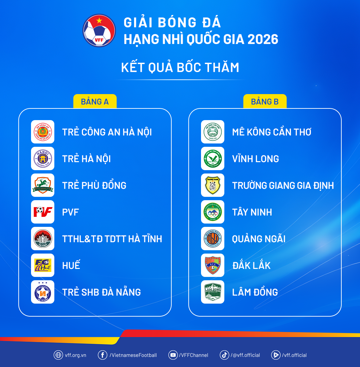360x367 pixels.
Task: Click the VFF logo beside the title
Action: click(x=99, y=30)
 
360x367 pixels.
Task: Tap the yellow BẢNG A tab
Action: click(x=95, y=101)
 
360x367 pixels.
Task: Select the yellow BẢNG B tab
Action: click(x=265, y=101)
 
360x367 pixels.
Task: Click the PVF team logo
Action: click(x=43, y=212)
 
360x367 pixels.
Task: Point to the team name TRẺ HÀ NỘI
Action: click(x=86, y=159)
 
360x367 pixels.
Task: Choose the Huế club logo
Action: click(x=43, y=265)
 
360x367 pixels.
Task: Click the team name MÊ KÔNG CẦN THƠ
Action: click(x=272, y=132)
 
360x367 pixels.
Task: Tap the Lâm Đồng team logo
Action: click(x=213, y=292)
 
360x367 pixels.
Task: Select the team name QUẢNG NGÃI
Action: click(x=259, y=239)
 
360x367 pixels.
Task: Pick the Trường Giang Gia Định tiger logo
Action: click(x=213, y=185)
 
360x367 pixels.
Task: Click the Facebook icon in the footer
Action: click(x=102, y=355)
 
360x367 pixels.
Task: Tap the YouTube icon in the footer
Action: click(x=173, y=355)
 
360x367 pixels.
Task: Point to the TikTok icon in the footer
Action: click(x=224, y=355)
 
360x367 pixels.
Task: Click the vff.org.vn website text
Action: click(x=76, y=355)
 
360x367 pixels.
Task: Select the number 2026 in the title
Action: click(x=263, y=39)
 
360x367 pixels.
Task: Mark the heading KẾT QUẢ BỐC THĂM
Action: click(x=180, y=67)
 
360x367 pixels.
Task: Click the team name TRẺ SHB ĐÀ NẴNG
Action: click(x=101, y=292)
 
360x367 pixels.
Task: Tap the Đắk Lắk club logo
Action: click(x=213, y=265)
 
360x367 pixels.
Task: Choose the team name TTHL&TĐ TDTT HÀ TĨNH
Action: click(x=112, y=239)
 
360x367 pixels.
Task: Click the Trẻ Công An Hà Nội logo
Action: click(x=43, y=132)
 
